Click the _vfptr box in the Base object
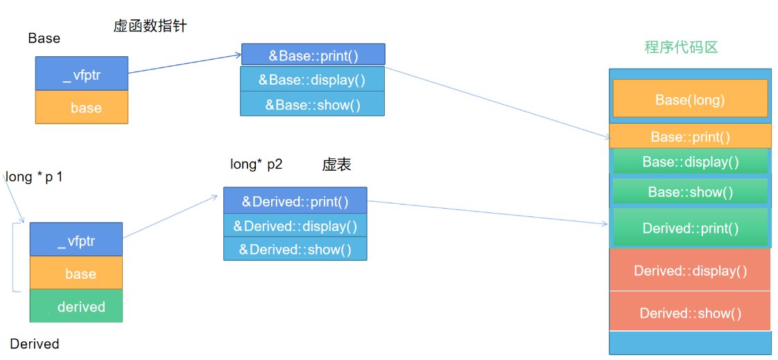pos(82,74)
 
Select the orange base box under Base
pos(82,107)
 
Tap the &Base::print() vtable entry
pos(313,54)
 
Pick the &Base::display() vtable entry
pos(313,79)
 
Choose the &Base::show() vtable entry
pos(313,104)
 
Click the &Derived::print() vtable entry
pos(295,200)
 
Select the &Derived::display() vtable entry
pos(295,225)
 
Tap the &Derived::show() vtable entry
pos(295,249)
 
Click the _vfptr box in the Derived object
pos(76,239)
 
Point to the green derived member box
pos(76,306)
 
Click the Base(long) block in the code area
pos(690,100)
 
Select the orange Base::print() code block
pos(690,136)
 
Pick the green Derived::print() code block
pos(690,228)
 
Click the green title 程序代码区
pos(681,47)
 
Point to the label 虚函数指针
pos(150,26)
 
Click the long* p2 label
pos(257,165)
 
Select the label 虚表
pos(337,165)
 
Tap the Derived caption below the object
pos(34,343)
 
